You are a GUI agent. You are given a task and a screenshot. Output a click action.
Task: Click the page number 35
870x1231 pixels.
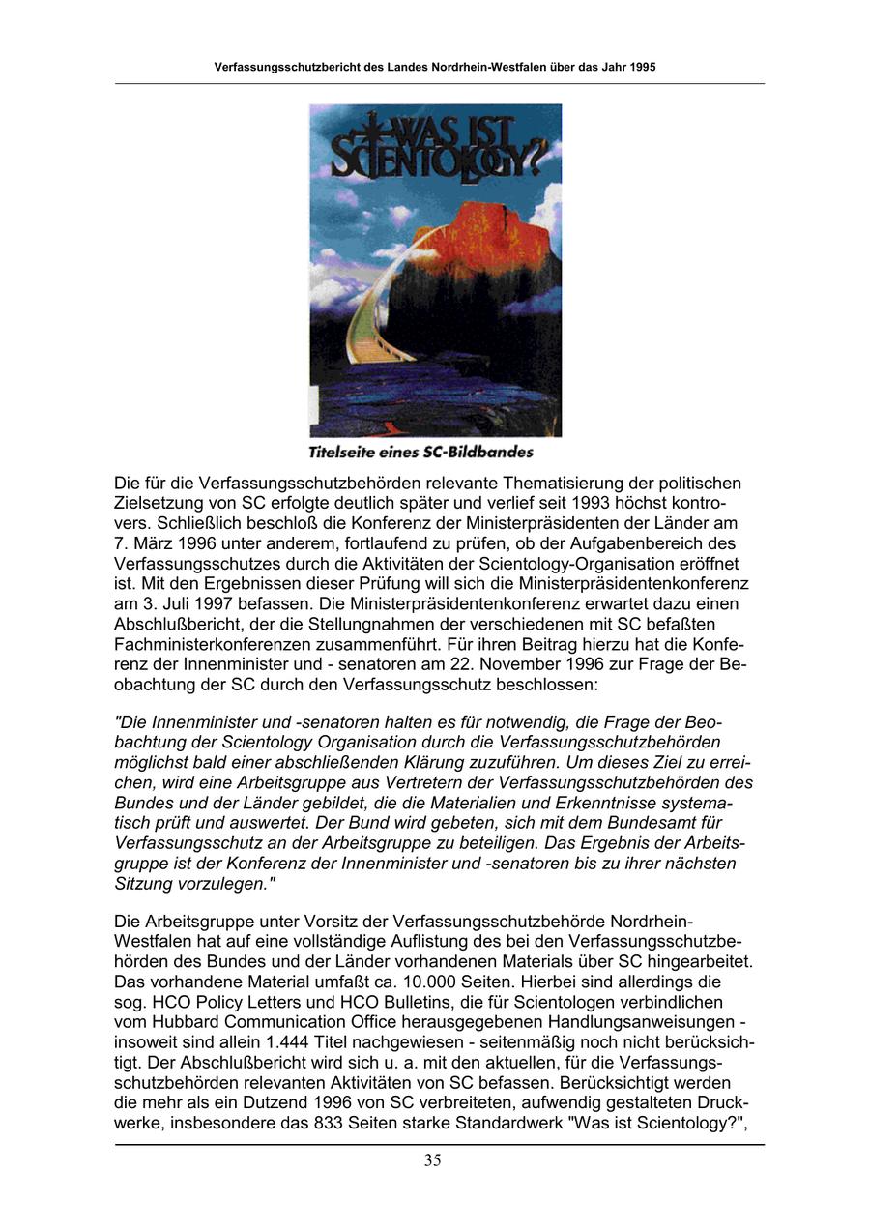(432, 1160)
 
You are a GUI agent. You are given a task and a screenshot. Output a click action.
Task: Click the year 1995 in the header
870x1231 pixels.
(642, 68)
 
